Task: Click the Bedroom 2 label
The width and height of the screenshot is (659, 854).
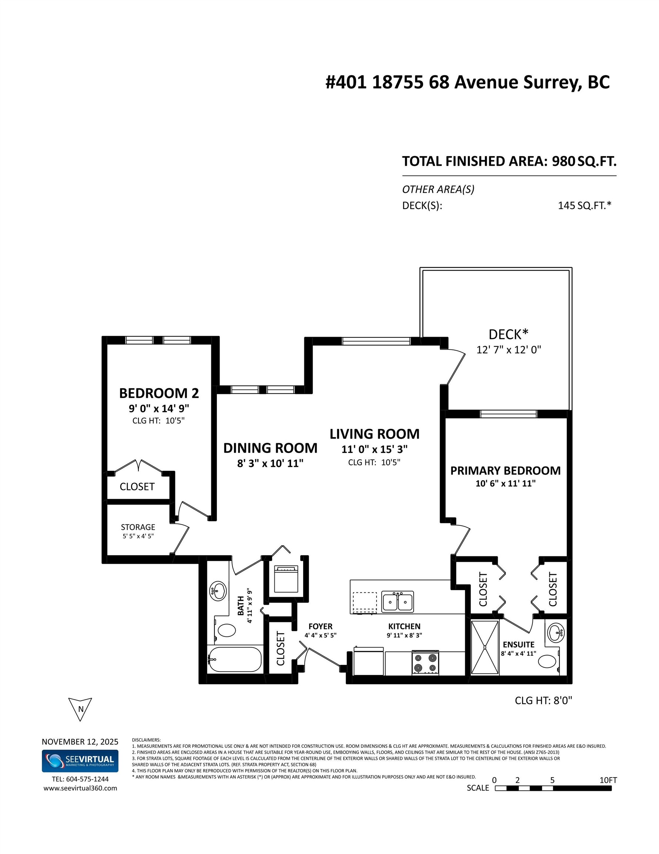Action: [159, 393]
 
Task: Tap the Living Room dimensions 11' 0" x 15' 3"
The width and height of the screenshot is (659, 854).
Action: [374, 449]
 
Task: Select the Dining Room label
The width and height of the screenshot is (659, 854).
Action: [270, 448]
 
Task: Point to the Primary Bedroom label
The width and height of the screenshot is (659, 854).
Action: [505, 470]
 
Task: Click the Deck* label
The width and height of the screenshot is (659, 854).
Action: [508, 334]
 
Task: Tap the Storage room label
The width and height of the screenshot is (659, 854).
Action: [138, 527]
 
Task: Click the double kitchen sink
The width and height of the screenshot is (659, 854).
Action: [397, 602]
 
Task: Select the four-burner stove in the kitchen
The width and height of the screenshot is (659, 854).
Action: [425, 663]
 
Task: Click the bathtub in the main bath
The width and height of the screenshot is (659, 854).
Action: [234, 660]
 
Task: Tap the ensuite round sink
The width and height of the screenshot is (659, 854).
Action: [555, 633]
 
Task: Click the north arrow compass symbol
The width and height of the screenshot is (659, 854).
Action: [80, 709]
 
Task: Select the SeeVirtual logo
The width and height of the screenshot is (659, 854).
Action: [80, 761]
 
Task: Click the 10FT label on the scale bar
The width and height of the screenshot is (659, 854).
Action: [608, 780]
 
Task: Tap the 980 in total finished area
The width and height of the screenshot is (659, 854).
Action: [563, 161]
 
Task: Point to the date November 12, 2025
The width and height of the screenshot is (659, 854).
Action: [80, 742]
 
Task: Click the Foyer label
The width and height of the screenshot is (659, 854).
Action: [320, 626]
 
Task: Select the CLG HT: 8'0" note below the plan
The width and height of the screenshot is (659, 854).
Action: [543, 700]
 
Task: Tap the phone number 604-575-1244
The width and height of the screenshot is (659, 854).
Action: [87, 779]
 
